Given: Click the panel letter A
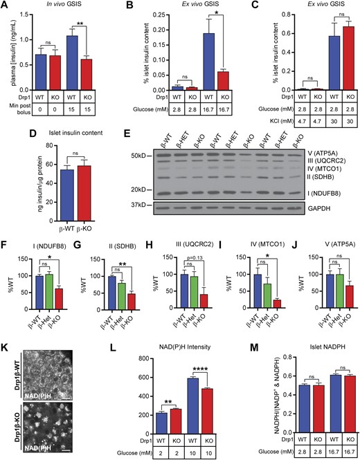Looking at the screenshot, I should coord(5,6).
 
